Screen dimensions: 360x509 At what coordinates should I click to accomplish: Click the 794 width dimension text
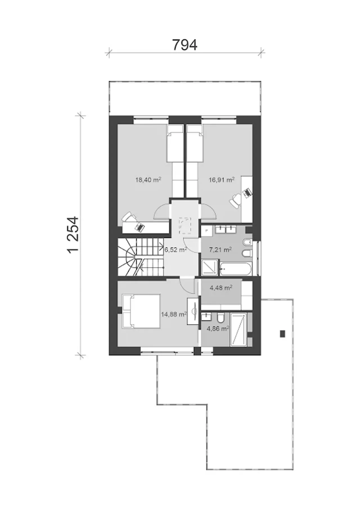tap(184, 45)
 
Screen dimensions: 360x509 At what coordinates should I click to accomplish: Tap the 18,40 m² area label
tap(148, 180)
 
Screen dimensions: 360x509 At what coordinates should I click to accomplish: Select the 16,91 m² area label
tap(221, 180)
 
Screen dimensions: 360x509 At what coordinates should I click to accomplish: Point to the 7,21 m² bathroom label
tap(220, 249)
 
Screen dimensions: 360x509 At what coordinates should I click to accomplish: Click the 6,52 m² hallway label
tap(176, 249)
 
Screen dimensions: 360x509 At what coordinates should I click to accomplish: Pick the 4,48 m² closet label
tap(221, 288)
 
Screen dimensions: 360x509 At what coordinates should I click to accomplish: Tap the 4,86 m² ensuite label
tap(218, 328)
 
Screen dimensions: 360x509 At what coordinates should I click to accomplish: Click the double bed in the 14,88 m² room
tap(141, 311)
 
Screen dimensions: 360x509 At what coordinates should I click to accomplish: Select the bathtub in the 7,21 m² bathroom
tap(236, 269)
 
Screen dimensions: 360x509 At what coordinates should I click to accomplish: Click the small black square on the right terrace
tap(282, 334)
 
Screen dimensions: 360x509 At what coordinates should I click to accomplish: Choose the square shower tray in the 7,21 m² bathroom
tap(210, 267)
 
